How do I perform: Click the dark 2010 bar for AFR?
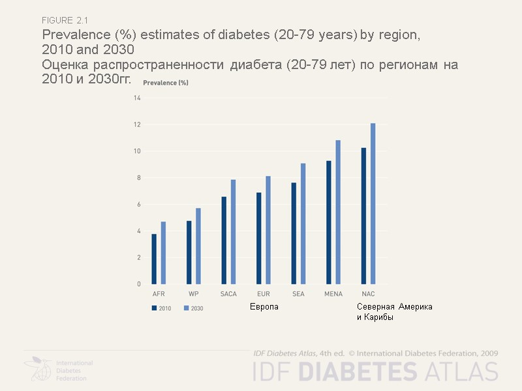154,259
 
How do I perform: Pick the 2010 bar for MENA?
329,222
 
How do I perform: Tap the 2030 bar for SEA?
303,224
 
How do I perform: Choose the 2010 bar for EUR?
259,238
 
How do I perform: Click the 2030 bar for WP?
198,246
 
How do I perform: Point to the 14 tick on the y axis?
137,98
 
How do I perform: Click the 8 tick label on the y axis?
138,178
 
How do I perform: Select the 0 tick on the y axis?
138,284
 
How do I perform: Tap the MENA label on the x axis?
333,294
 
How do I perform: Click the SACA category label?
228,294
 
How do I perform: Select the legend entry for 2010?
161,308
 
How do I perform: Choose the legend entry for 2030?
193,308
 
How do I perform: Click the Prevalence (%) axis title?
166,83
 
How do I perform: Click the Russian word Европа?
264,307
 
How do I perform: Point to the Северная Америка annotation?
394,307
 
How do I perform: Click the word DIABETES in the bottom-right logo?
357,371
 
